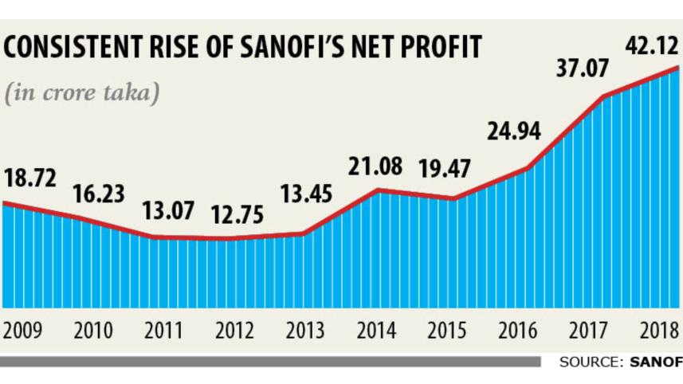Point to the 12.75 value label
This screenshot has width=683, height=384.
click(x=237, y=216)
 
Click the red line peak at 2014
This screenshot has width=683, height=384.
click(x=378, y=190)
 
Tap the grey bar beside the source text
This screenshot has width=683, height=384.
click(x=271, y=362)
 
